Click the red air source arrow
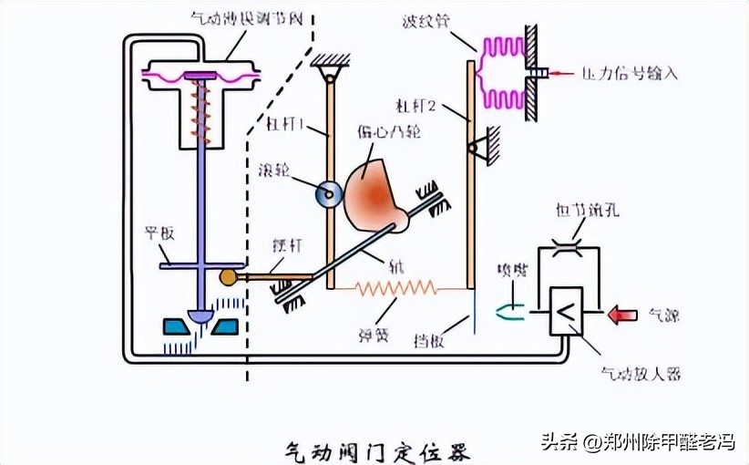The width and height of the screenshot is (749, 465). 624,315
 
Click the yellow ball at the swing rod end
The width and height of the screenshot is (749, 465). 228,276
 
